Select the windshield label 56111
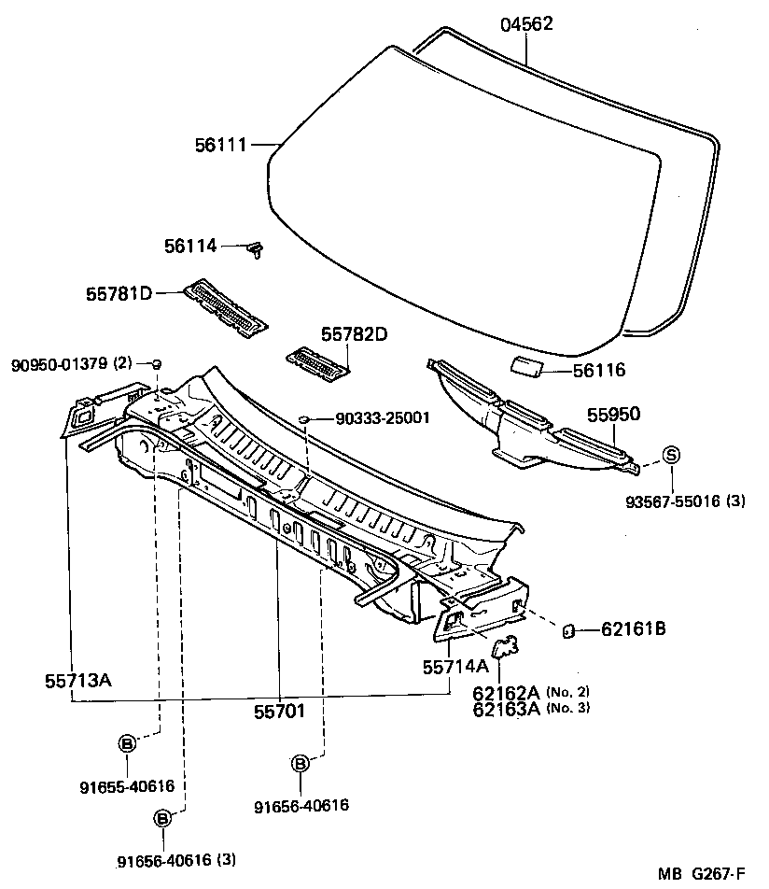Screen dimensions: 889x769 [220, 145]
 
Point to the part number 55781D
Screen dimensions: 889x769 [119, 293]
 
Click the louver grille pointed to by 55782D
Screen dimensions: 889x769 [317, 362]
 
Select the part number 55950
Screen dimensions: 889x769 [613, 415]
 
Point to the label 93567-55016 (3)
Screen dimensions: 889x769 [685, 501]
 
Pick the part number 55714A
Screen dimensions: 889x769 [455, 667]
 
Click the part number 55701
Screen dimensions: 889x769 [280, 712]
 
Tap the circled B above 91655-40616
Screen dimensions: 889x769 [126, 743]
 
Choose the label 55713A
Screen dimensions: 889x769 [77, 679]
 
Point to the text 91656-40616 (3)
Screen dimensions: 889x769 [170, 860]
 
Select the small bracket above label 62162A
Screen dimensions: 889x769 [505, 646]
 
